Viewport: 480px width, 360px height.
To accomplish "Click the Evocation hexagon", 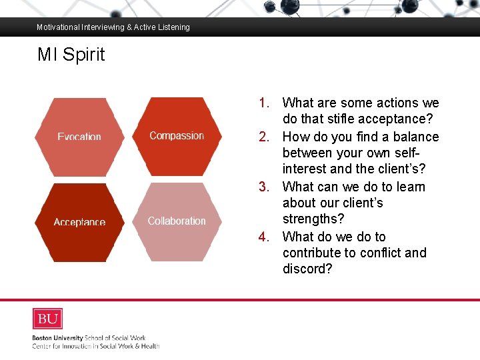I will point(79,137).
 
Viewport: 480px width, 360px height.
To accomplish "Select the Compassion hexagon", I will point(177,135).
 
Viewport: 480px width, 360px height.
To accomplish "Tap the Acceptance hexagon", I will point(79,222).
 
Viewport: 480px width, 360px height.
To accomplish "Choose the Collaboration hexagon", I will point(177,221).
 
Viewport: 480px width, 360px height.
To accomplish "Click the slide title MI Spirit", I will point(71,55).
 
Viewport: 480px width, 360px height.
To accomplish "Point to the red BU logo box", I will point(47,319).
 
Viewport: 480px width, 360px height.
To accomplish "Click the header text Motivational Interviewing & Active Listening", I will point(113,27).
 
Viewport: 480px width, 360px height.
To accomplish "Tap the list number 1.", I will point(264,103).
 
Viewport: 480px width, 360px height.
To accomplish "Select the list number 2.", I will point(264,137).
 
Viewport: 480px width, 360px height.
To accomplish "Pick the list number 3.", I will point(264,187).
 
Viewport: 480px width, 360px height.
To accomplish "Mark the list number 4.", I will point(264,237).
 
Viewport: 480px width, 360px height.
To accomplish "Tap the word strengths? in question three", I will point(313,219).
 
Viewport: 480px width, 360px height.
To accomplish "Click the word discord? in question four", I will point(307,269).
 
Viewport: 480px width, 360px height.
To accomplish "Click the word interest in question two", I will point(305,169).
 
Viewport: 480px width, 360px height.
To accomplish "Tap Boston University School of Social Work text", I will point(89,338).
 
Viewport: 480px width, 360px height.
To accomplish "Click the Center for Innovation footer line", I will point(96,346).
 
